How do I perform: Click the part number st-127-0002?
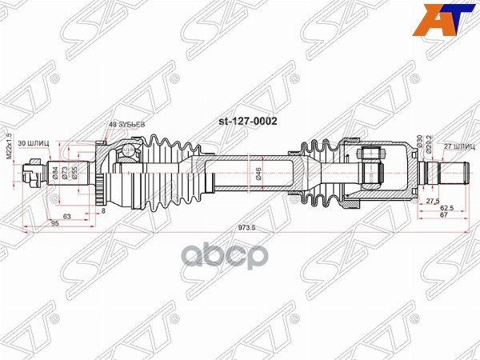[248, 122]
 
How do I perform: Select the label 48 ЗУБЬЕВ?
[126, 125]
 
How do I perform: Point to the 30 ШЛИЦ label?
[36, 142]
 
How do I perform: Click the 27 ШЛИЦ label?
[458, 146]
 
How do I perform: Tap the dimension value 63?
[68, 217]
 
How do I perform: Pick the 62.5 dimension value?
[447, 208]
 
